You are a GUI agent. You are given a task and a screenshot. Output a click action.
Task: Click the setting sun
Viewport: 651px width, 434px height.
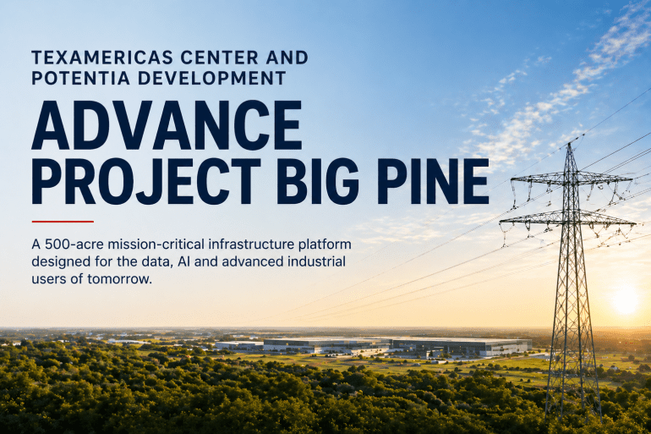pos(626,298)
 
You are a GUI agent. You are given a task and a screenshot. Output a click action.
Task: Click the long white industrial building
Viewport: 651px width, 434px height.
pos(372,345)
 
